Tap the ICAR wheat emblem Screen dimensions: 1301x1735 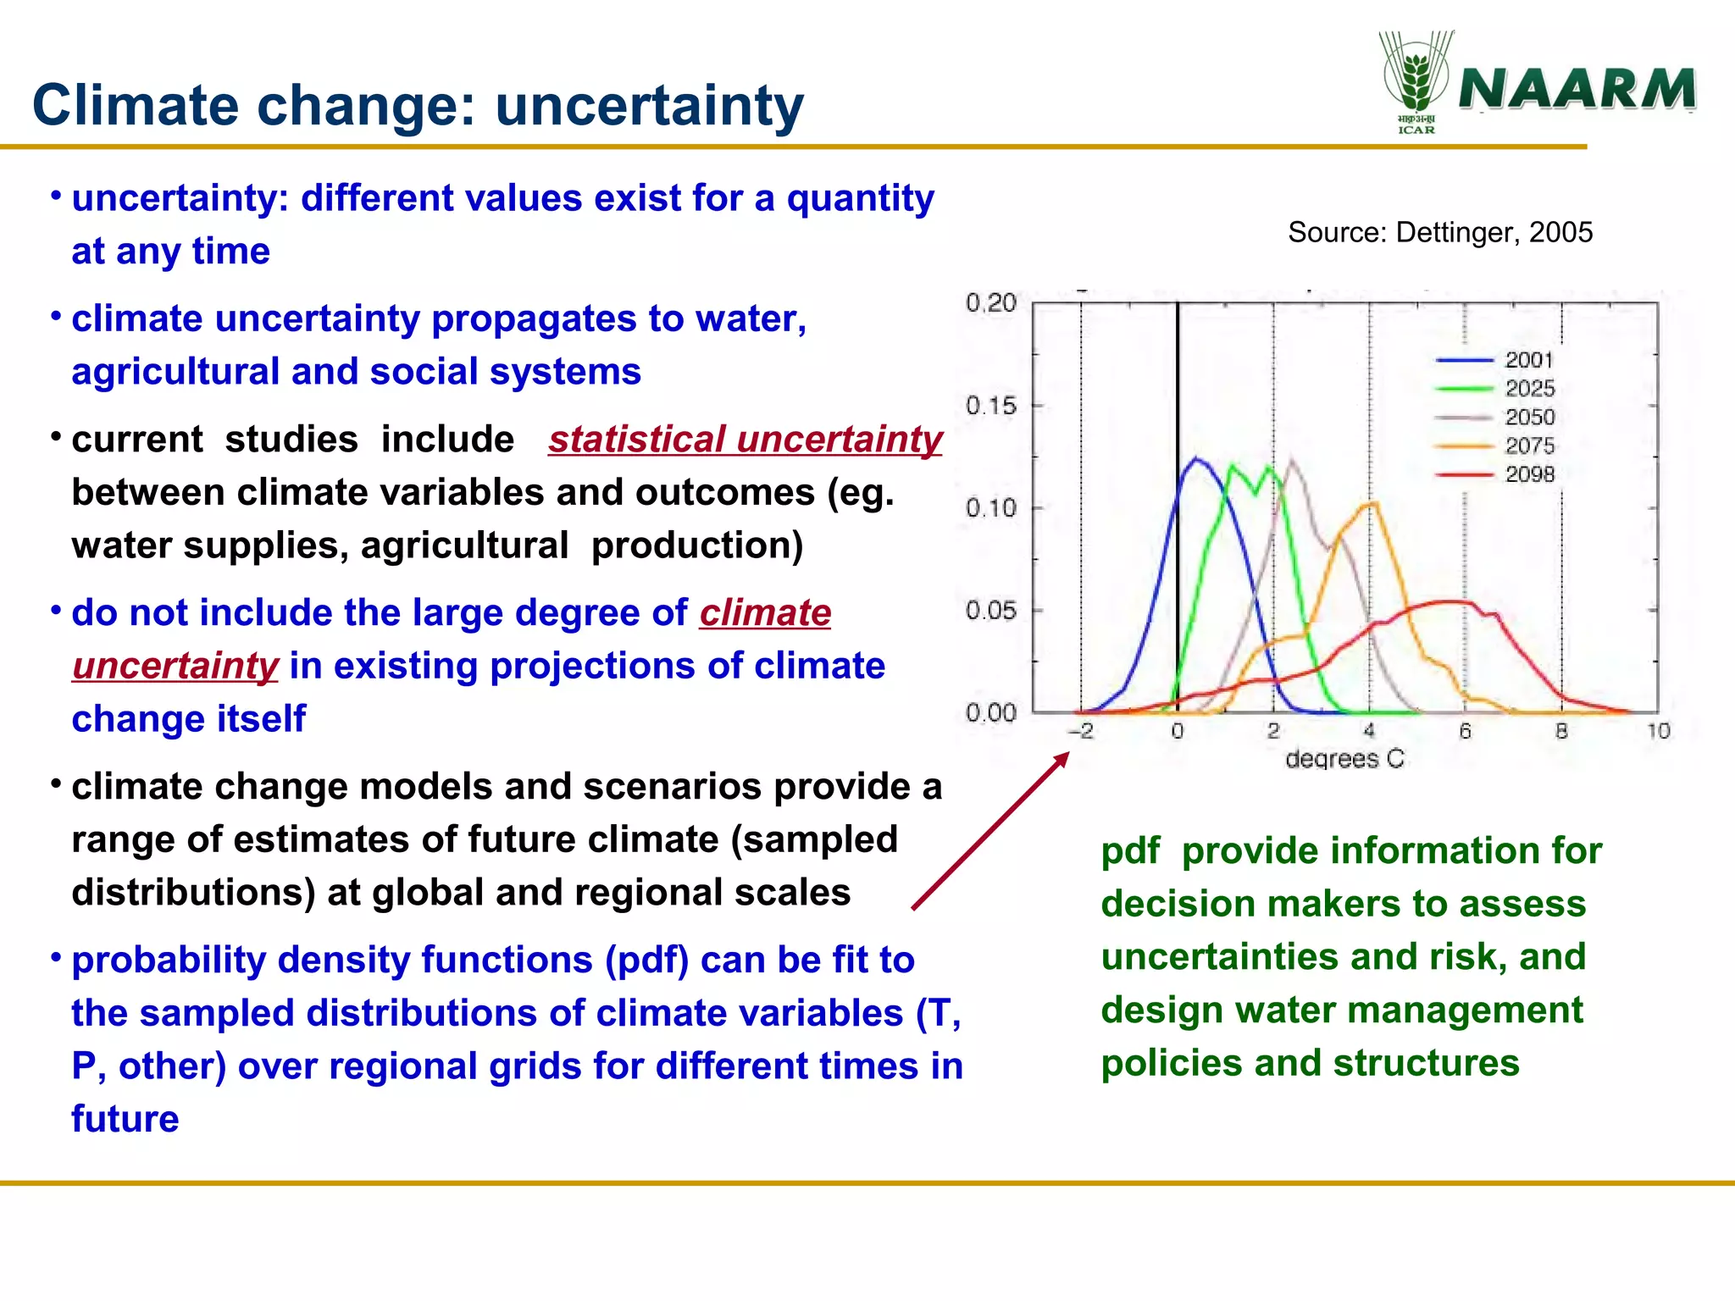tap(1416, 76)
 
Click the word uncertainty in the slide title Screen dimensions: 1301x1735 tap(649, 106)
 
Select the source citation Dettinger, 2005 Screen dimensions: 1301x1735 tap(1440, 232)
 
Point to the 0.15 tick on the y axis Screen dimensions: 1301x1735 tap(991, 406)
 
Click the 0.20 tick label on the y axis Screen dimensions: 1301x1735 tap(991, 303)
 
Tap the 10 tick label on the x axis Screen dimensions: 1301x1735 tap(1658, 731)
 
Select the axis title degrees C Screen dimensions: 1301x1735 tap(1344, 759)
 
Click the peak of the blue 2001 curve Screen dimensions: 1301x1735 tap(1196, 459)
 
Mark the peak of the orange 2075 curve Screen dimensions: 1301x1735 tap(1372, 504)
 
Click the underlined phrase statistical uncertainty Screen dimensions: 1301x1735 tap(745, 440)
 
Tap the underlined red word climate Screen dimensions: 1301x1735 tap(765, 612)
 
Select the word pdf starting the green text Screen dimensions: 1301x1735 tap(1130, 850)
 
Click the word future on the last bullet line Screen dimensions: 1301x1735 tap(125, 1119)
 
